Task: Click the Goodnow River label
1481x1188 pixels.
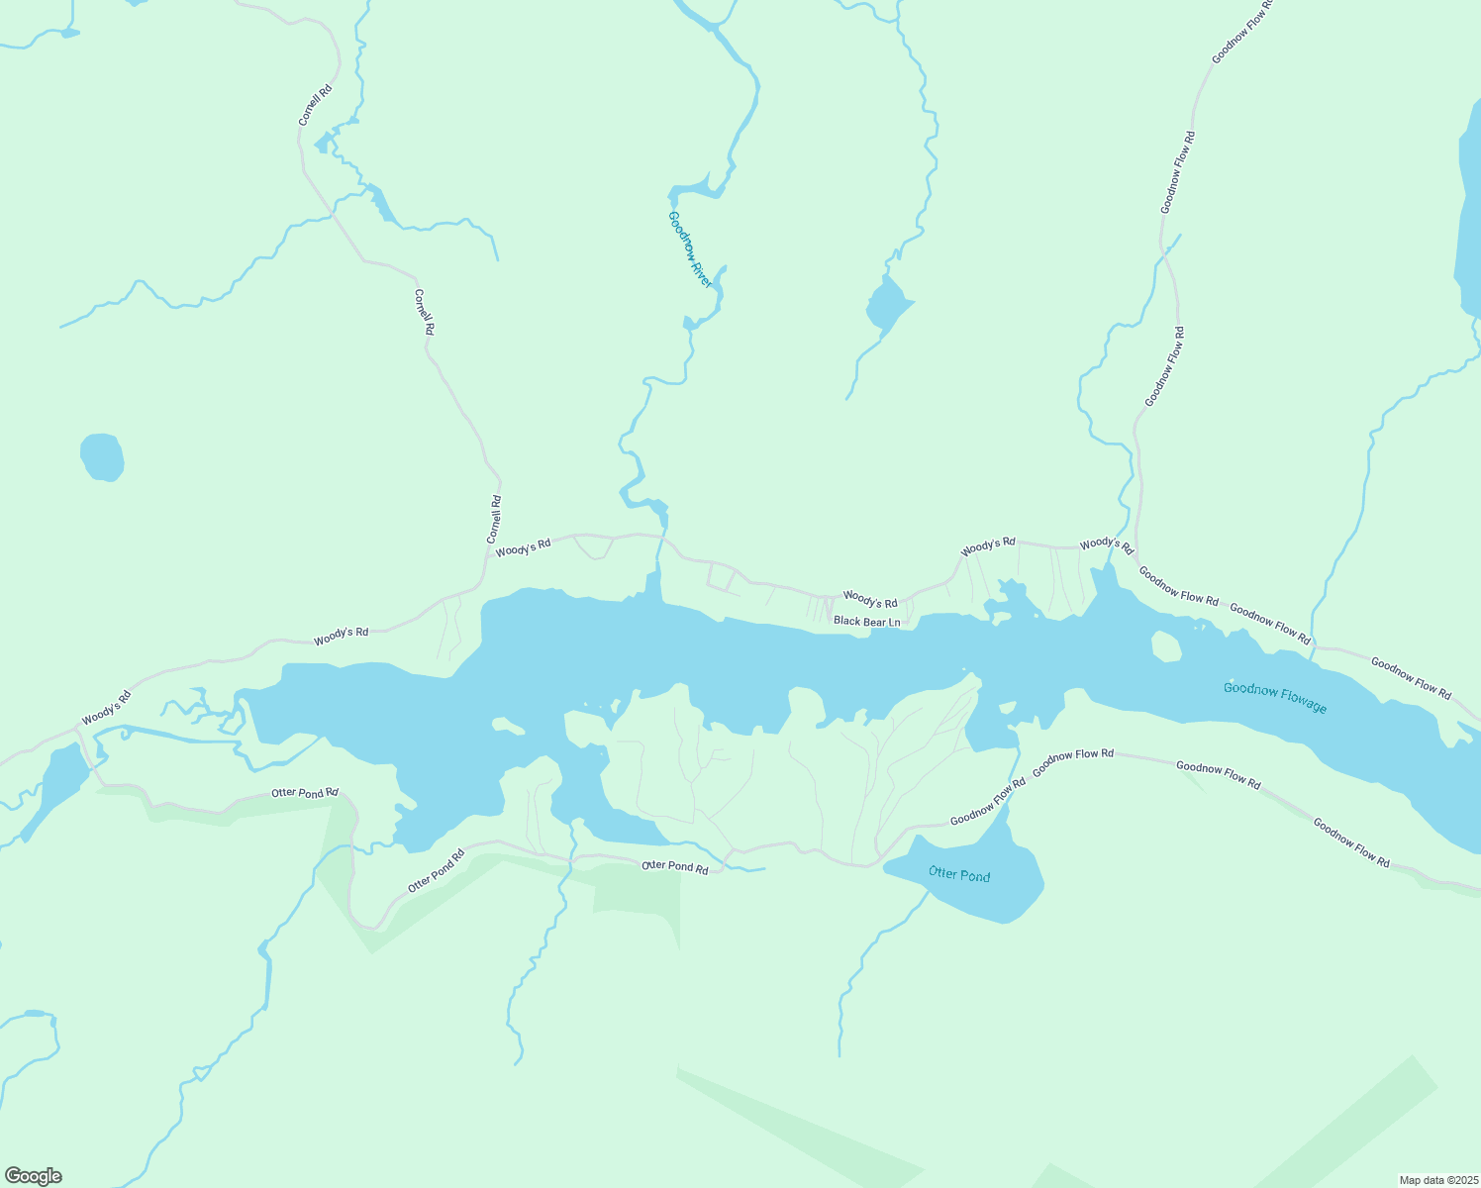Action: tap(690, 249)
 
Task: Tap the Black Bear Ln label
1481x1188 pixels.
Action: tap(866, 622)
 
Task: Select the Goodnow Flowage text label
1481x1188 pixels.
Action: tap(1274, 697)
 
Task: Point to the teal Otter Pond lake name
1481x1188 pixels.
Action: tap(958, 874)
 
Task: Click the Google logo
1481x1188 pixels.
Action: tap(34, 1176)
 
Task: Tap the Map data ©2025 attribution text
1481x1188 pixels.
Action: tap(1437, 1180)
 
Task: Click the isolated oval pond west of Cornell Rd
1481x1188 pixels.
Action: tap(102, 457)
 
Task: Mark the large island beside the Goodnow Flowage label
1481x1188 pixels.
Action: tap(1166, 646)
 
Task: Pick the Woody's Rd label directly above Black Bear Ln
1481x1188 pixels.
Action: tap(869, 600)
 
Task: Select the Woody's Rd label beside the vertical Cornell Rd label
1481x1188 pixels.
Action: tap(523, 547)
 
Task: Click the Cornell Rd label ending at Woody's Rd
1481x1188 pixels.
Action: tap(495, 519)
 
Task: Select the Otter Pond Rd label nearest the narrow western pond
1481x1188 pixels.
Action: tap(305, 793)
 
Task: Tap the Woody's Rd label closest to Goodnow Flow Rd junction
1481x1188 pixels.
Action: tap(1106, 544)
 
